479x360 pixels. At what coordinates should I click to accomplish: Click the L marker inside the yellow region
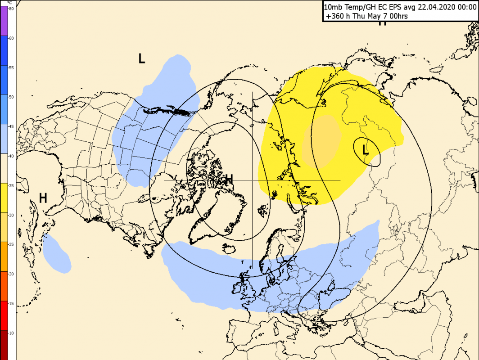366,150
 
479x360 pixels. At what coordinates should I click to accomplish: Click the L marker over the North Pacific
142,58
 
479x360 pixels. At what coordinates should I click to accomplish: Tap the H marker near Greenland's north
229,180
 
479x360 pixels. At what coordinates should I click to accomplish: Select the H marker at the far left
43,198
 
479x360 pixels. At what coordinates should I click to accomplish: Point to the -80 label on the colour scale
11,9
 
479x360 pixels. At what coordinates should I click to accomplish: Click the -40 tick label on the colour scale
11,156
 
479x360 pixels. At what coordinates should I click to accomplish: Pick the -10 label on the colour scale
11,333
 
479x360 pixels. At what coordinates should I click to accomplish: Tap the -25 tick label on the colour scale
11,244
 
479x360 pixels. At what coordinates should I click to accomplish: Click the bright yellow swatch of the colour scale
4,198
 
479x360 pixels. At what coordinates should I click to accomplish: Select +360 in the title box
335,16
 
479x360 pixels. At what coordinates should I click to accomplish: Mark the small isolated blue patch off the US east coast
58,253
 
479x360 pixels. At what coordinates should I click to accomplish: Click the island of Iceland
229,248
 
